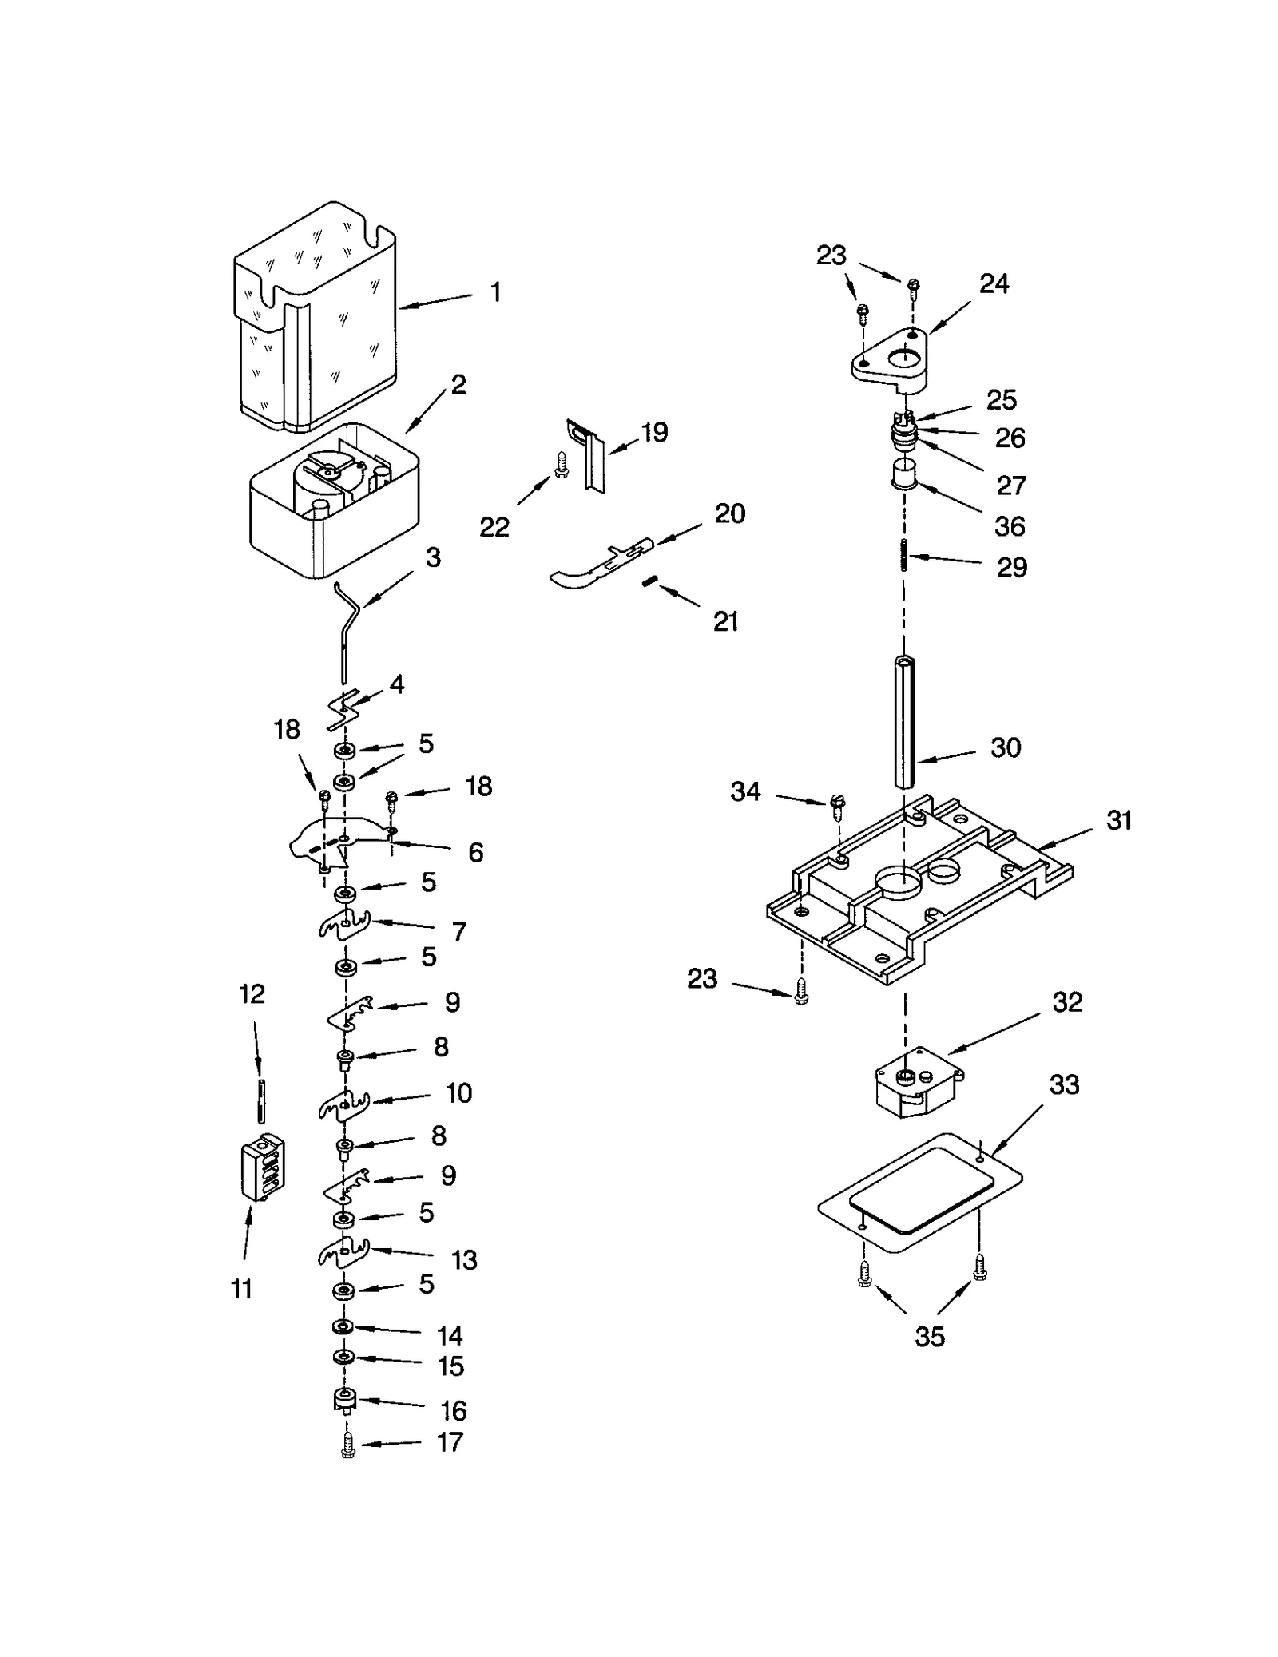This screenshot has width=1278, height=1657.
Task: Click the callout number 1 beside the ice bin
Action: [496, 292]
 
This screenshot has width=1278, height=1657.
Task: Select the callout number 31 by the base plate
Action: [1118, 821]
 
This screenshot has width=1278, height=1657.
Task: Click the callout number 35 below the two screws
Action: [929, 1337]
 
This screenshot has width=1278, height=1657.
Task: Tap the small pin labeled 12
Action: [260, 1100]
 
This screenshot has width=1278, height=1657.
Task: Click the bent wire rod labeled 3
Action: [346, 631]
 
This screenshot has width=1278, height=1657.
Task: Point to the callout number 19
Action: [654, 433]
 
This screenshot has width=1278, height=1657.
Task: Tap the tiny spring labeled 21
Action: [649, 584]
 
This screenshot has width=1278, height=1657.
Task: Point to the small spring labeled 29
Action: [903, 556]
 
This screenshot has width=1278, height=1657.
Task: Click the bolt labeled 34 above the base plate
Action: [837, 806]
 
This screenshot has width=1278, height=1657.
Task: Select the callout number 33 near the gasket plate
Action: [1064, 1085]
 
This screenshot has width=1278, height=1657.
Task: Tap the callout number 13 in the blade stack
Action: [463, 1259]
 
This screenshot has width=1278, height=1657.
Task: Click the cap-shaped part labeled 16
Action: [344, 1400]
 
